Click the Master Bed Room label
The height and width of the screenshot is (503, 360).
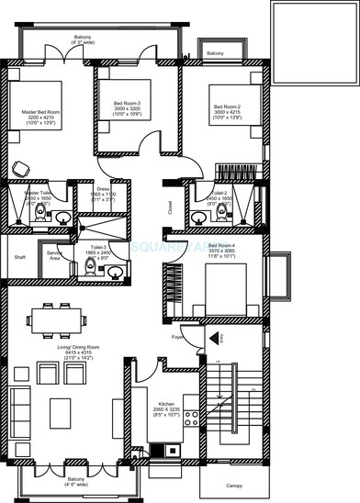coord(39,113)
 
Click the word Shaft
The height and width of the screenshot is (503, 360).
coord(19,258)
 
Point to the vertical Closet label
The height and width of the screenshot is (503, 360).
coord(170,209)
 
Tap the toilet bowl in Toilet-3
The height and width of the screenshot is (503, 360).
coord(90,266)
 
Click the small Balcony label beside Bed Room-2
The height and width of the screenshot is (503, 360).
coord(214,54)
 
